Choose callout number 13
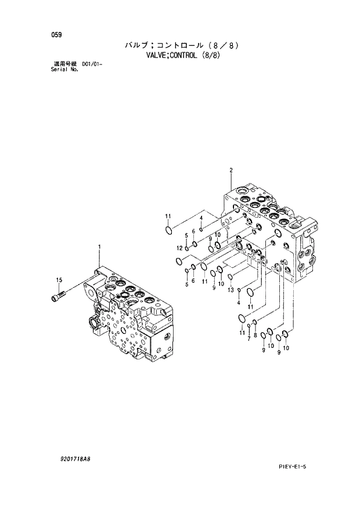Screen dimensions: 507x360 [231, 290]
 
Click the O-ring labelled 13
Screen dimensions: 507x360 [231, 277]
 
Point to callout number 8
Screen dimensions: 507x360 [255, 336]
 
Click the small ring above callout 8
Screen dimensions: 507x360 [254, 323]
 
